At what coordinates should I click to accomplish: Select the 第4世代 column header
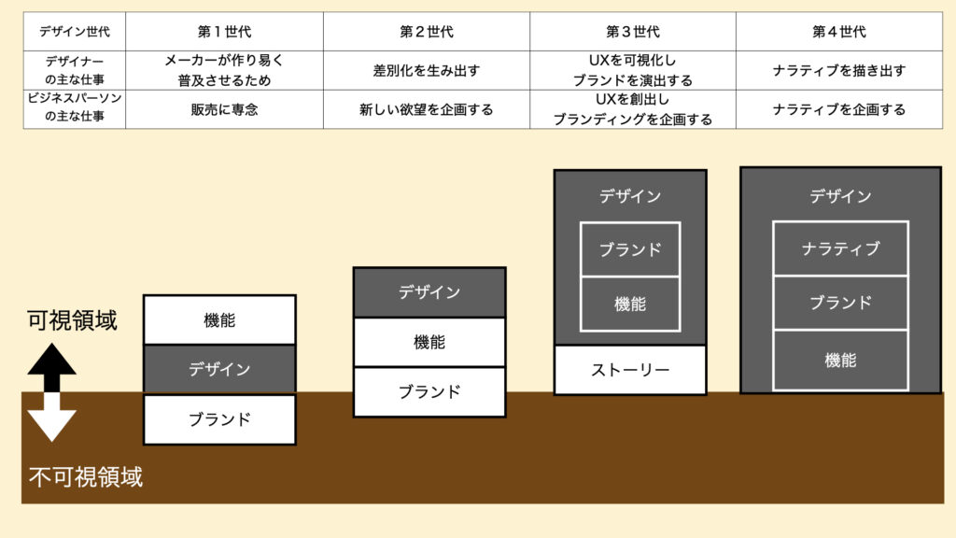coord(838,32)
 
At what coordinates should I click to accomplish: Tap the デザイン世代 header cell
coord(74,32)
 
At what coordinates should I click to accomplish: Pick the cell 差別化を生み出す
coord(427,70)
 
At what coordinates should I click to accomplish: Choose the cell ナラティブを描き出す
coord(838,70)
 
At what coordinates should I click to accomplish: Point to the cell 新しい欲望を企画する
coord(427,109)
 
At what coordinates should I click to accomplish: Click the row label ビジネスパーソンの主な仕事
coord(74,109)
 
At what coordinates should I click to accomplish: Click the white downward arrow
coord(51,416)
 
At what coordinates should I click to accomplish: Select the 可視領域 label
coord(73,321)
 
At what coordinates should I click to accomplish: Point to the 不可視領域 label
coord(85,477)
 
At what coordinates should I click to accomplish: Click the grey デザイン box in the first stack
coord(219,369)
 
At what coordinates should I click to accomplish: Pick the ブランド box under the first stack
coord(219,419)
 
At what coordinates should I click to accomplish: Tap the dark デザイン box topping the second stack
coord(429,292)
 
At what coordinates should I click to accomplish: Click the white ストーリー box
coord(630,370)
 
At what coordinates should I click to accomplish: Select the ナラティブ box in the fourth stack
coord(840,248)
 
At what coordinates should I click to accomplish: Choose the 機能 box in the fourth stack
coord(840,360)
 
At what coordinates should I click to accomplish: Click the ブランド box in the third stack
coord(630,249)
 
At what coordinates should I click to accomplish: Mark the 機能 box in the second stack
coord(429,342)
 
